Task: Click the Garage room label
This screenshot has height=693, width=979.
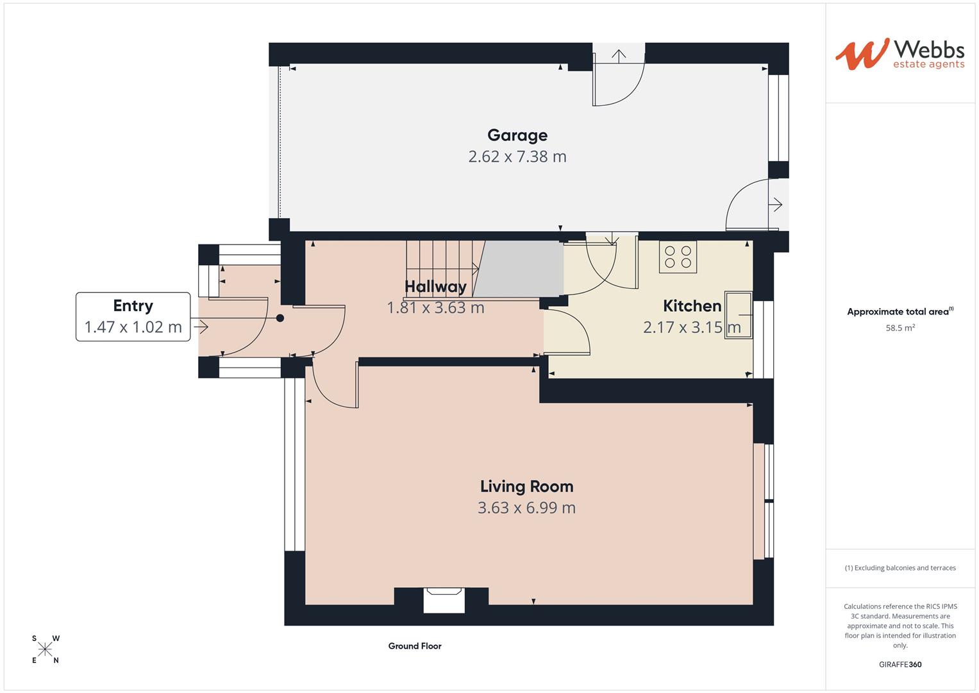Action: [x=517, y=135]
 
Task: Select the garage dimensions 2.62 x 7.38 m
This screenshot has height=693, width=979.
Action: [x=517, y=157]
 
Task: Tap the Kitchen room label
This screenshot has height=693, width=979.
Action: [x=692, y=306]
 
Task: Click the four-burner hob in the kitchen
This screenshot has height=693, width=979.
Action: [x=678, y=257]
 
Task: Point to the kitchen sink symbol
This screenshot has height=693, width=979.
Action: [x=738, y=315]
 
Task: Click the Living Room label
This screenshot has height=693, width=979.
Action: [x=526, y=486]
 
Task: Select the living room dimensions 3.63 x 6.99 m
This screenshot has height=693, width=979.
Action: [x=526, y=508]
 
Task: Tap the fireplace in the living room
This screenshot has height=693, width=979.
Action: [x=444, y=600]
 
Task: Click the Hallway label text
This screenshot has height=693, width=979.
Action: [x=435, y=287]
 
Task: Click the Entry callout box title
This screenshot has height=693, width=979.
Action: [x=133, y=306]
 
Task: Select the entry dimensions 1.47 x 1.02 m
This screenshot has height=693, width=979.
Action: [x=133, y=327]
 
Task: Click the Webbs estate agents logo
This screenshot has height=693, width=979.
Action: [x=900, y=54]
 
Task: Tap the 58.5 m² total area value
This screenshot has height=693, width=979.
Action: [x=900, y=328]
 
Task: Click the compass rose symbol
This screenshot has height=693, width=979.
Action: [x=45, y=649]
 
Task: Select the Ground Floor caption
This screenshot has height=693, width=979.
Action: [x=415, y=646]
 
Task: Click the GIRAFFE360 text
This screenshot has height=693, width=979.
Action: [x=900, y=665]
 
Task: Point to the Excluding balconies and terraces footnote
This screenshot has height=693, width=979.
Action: [x=900, y=568]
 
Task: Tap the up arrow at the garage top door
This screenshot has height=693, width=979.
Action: [x=618, y=56]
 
